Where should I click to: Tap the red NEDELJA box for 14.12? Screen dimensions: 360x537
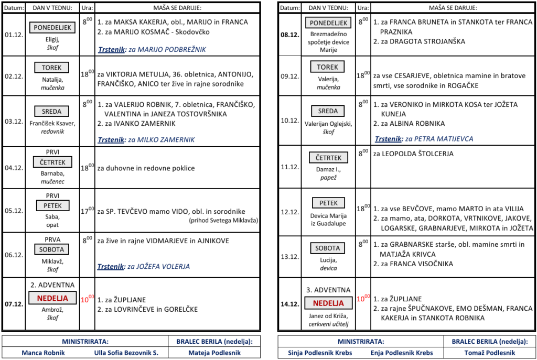point(328,303)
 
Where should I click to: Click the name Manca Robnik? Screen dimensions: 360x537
point(43,353)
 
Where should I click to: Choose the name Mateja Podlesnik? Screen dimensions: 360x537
point(214,353)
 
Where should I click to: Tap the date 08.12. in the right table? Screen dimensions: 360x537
point(289,36)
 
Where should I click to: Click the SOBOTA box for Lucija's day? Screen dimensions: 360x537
point(328,248)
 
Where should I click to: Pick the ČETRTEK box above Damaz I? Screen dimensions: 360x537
point(329,158)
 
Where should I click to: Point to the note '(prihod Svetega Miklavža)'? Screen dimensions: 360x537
point(224,221)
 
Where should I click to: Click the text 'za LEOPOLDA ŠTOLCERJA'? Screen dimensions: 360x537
point(413,154)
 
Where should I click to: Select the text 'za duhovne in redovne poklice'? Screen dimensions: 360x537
point(146,168)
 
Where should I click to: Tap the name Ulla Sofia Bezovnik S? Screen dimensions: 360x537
point(126,353)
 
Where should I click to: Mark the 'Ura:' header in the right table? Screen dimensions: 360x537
point(362,8)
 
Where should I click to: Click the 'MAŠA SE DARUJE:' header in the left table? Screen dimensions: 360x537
point(177,8)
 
